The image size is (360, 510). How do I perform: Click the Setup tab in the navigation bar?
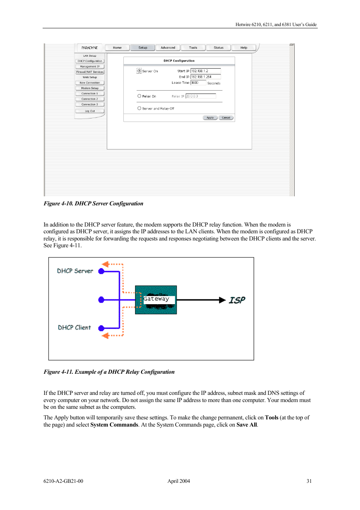pyautogui.click(x=143, y=48)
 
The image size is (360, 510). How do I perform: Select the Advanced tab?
pyautogui.click(x=168, y=48)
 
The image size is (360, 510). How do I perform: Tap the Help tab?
pyautogui.click(x=244, y=48)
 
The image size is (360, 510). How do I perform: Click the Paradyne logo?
pyautogui.click(x=89, y=48)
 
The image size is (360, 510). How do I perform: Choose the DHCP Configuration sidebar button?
pyautogui.click(x=90, y=61)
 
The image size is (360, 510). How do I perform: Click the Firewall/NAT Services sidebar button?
pyautogui.click(x=90, y=72)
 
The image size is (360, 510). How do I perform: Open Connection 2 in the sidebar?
pyautogui.click(x=90, y=99)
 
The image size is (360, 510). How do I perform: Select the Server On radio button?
pyautogui.click(x=139, y=71)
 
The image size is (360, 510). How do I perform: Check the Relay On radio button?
pyautogui.click(x=139, y=96)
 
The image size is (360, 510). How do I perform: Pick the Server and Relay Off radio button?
pyautogui.click(x=139, y=108)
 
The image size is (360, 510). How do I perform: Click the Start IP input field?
pyautogui.click(x=205, y=71)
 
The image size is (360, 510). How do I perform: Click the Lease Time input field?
pyautogui.click(x=198, y=83)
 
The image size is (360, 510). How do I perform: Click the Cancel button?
pyautogui.click(x=226, y=118)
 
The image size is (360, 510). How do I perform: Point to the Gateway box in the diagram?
pyautogui.click(x=156, y=300)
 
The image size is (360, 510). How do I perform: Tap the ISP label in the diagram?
pyautogui.click(x=237, y=300)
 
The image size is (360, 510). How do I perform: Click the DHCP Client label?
pyautogui.click(x=74, y=328)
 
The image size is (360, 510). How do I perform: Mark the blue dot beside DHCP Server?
pyautogui.click(x=101, y=271)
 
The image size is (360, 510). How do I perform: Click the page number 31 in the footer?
pyautogui.click(x=309, y=481)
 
